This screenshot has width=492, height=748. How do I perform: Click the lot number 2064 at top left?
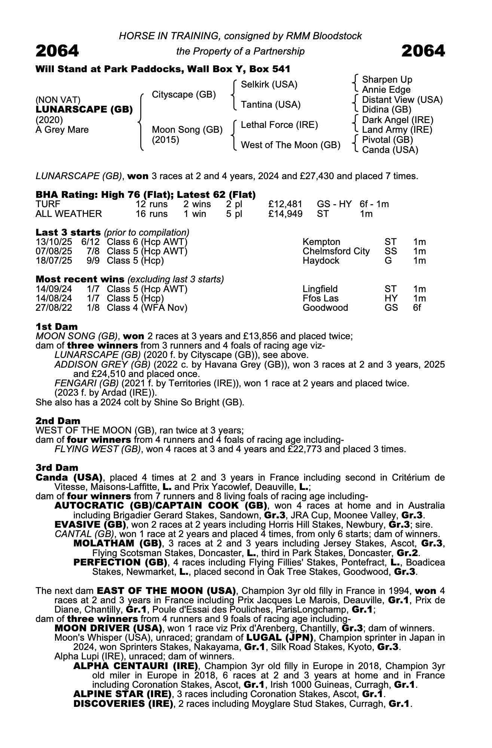click(57, 51)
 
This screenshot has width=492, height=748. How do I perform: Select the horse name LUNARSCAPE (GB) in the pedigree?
click(84, 110)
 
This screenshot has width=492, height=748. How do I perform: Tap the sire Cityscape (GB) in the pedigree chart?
click(184, 95)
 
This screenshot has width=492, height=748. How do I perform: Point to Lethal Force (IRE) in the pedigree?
click(279, 125)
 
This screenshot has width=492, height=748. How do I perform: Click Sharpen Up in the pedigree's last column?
click(387, 80)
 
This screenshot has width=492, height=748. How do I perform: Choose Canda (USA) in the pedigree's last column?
click(390, 150)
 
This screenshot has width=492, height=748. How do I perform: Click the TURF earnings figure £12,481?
click(285, 204)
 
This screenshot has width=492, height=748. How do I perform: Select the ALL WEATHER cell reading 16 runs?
click(152, 214)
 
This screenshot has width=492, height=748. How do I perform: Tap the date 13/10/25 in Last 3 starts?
click(54, 242)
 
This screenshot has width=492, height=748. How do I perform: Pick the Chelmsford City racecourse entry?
click(336, 251)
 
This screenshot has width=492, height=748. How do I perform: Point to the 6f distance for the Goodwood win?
click(417, 308)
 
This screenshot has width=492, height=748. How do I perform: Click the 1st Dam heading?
click(56, 327)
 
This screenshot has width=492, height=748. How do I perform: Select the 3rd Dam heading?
click(57, 468)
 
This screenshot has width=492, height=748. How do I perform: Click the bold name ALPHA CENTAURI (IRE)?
click(135, 666)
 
